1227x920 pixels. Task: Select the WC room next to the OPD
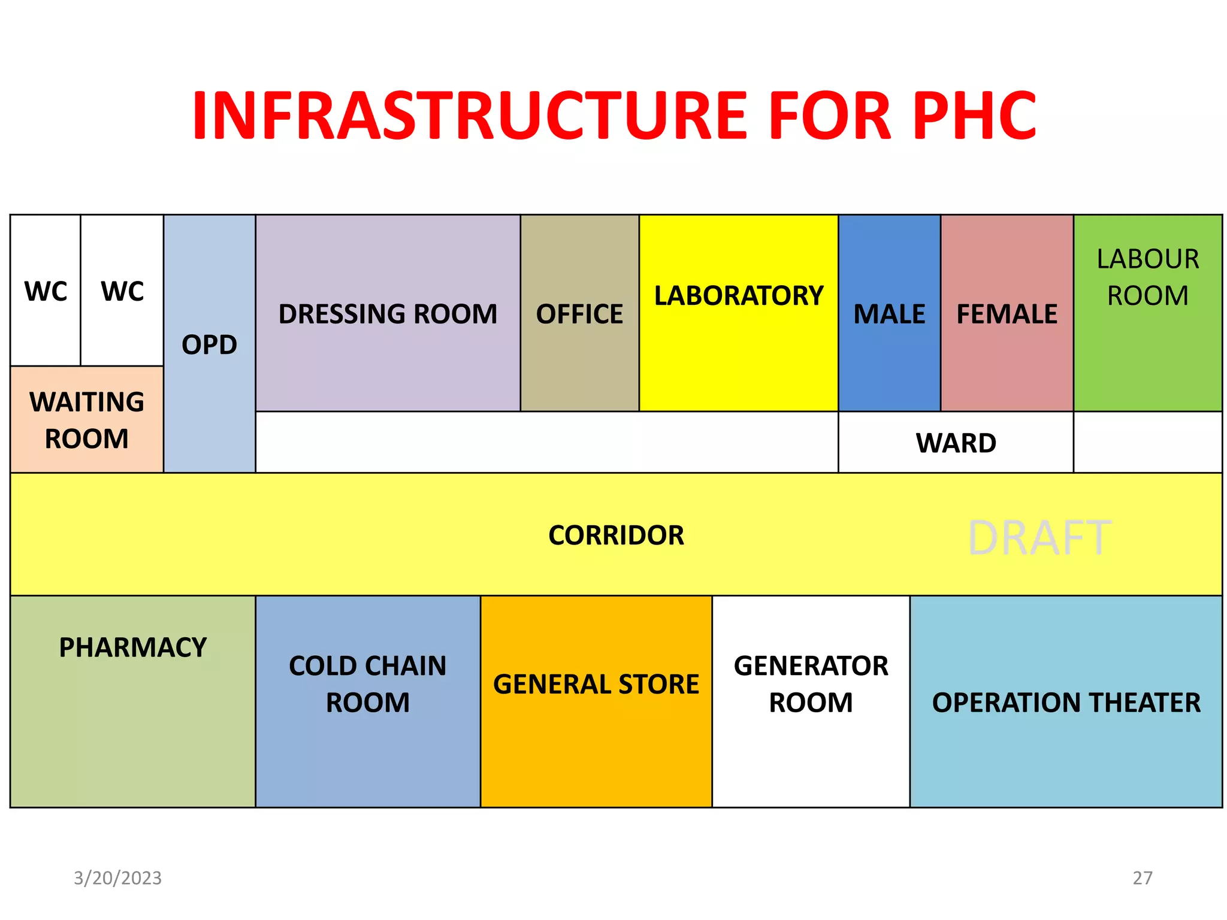tap(122, 292)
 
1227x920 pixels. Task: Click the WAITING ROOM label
tap(87, 420)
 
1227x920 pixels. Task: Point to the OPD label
tap(209, 344)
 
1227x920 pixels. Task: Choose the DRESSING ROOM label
tap(388, 314)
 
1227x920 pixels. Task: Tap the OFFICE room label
tap(579, 314)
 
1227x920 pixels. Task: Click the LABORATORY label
tap(739, 296)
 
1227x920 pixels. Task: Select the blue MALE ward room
tap(889, 314)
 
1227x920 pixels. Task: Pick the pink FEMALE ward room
tap(1007, 314)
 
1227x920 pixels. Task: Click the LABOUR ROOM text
tap(1147, 277)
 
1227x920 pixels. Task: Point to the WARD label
tap(956, 443)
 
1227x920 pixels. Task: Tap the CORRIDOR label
tap(616, 535)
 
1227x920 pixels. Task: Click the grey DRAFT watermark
tap(1039, 538)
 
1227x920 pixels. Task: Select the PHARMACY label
tap(133, 647)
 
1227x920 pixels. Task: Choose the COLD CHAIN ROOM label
tap(368, 684)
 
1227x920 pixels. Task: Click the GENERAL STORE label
tap(596, 684)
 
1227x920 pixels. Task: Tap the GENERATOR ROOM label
tap(811, 684)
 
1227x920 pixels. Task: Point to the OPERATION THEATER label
tap(1066, 703)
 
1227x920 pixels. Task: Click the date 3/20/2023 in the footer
tap(117, 878)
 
